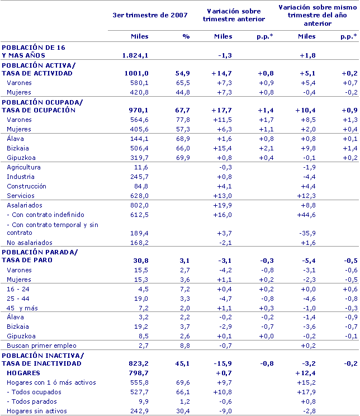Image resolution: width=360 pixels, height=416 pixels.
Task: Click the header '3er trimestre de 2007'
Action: pyautogui.click(x=150, y=15)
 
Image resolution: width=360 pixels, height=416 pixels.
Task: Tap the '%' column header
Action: pyautogui.click(x=186, y=36)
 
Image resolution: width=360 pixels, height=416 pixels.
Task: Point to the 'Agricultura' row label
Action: pyautogui.click(x=23, y=167)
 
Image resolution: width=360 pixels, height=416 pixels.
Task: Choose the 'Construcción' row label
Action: pyautogui.click(x=26, y=186)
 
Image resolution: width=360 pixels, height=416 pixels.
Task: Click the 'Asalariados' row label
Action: pyautogui.click(x=24, y=205)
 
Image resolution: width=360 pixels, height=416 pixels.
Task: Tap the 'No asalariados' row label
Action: pyautogui.click(x=29, y=243)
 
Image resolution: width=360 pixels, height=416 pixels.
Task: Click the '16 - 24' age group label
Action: pyautogui.click(x=17, y=289)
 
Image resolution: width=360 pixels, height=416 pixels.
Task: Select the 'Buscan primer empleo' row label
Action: pyautogui.click(x=41, y=346)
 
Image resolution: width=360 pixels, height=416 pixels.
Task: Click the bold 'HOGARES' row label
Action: pyautogui.click(x=23, y=372)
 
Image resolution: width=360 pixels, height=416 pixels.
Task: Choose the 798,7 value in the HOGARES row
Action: pyautogui.click(x=139, y=372)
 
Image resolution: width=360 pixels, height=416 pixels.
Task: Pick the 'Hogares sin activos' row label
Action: pyautogui.click(x=37, y=411)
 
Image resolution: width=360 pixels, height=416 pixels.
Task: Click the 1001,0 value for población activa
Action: pyautogui.click(x=137, y=73)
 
